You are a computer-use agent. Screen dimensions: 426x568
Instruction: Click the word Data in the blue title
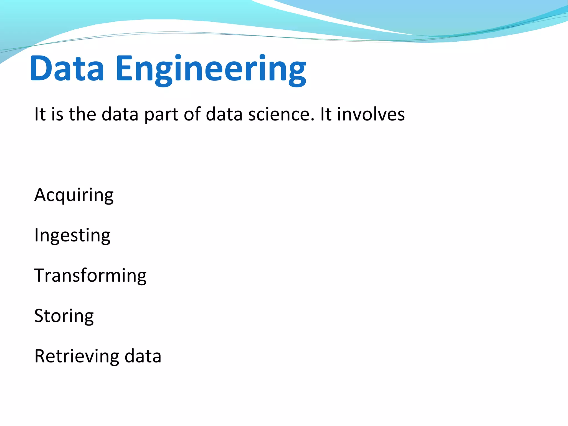point(67,69)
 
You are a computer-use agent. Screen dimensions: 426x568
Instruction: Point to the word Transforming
point(90,276)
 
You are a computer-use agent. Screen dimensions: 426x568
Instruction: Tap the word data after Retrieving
point(143,356)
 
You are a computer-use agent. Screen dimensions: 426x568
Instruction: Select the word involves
point(371,114)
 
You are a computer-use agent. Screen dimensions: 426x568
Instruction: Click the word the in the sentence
point(82,114)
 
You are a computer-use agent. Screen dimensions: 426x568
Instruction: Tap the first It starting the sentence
point(40,114)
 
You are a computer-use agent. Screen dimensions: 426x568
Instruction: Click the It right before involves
point(326,114)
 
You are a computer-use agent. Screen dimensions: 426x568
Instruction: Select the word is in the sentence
point(57,114)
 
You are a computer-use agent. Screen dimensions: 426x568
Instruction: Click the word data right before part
point(120,114)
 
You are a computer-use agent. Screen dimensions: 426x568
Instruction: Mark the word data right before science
point(224,114)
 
